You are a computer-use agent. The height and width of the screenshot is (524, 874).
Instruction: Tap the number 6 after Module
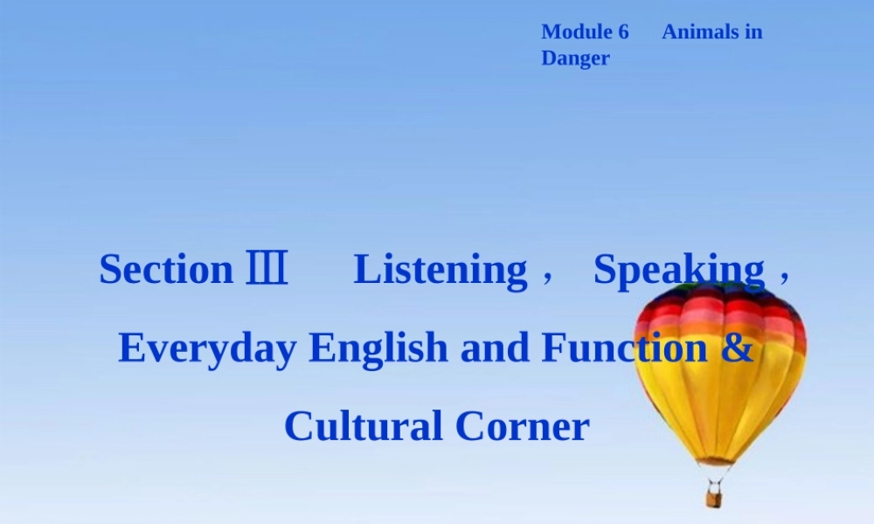(x=622, y=32)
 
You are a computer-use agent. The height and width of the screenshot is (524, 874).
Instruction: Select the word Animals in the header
(x=699, y=32)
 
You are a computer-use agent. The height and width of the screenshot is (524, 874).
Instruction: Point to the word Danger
(x=575, y=59)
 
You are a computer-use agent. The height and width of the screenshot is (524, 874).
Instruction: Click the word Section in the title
(x=166, y=269)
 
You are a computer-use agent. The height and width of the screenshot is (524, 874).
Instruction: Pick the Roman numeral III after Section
(x=267, y=269)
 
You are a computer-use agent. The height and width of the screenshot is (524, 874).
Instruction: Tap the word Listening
(x=440, y=270)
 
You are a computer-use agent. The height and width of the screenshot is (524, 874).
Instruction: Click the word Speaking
(x=679, y=270)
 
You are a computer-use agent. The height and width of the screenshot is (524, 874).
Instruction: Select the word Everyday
(x=208, y=348)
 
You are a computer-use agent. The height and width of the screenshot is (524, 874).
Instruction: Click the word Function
(x=624, y=348)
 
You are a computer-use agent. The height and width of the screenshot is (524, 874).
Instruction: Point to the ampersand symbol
(x=738, y=348)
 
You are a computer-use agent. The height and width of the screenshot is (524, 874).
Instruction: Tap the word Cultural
(x=363, y=426)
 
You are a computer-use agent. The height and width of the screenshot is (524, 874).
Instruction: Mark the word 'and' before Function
(x=494, y=348)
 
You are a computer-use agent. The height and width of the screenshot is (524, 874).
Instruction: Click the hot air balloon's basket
(x=714, y=499)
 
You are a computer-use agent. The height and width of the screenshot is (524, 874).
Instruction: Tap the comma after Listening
(x=547, y=275)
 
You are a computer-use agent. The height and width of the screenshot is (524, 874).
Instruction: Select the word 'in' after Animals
(x=753, y=32)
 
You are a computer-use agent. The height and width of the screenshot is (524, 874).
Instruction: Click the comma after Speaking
(x=784, y=275)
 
